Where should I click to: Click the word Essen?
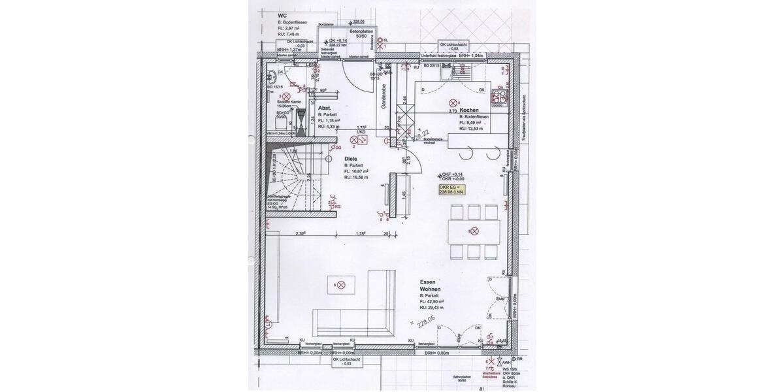click(x=428, y=281)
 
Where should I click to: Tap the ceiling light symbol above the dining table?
click(x=475, y=231)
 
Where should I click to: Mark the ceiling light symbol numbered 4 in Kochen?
click(x=453, y=103)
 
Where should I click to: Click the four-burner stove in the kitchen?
click(x=502, y=97)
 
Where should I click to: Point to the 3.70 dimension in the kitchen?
click(x=452, y=112)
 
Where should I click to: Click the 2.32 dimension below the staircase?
click(x=301, y=233)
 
